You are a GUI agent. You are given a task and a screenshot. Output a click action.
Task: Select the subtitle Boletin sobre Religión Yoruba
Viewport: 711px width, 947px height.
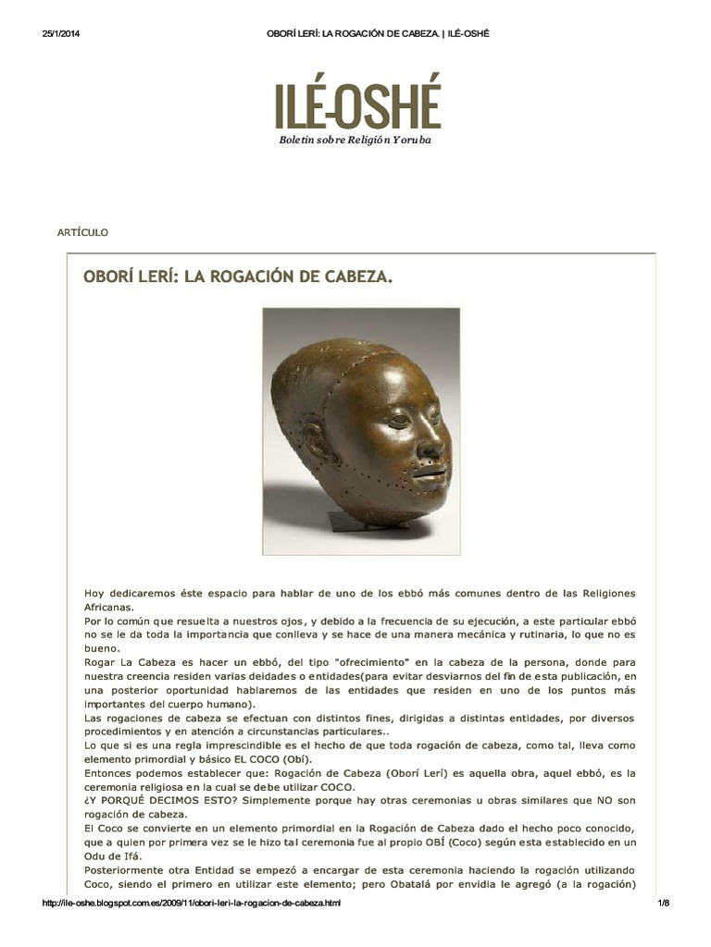click(356, 140)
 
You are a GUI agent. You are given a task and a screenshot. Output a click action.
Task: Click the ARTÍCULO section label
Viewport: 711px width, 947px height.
click(83, 232)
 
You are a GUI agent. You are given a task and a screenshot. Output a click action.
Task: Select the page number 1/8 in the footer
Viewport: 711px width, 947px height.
click(663, 903)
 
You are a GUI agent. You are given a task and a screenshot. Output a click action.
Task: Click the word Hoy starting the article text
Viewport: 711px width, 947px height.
click(95, 592)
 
